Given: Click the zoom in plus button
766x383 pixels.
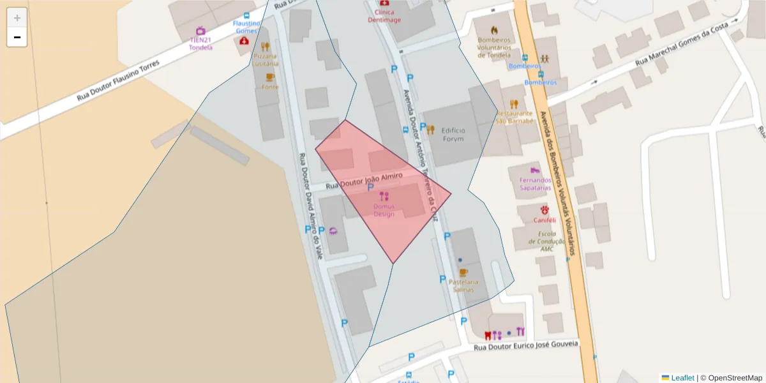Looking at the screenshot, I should pos(17,18).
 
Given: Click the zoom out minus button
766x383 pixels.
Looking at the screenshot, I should pos(17,37).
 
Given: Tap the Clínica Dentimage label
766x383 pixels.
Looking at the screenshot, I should pos(384,16).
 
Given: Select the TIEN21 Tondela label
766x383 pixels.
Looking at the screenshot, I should pos(200,43).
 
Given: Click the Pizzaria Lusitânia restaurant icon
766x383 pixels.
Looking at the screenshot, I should pos(265,46).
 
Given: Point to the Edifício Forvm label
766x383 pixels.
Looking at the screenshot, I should pos(453,135).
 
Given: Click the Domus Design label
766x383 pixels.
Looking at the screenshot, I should pos(384,210).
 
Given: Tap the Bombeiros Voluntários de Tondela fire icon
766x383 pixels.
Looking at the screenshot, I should pos(494,30).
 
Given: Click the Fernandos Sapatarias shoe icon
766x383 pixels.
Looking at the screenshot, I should pos(535,170).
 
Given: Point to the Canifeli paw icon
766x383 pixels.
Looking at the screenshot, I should pos(544,209).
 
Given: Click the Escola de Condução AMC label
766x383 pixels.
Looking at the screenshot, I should pos(547,241).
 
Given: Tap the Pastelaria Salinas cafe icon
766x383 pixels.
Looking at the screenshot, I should pos(464,273).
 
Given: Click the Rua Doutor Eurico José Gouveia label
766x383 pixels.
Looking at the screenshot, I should pos(526,345).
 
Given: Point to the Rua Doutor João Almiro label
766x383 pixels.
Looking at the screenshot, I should pos(364,181).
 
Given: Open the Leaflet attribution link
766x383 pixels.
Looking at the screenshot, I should pos(682,378).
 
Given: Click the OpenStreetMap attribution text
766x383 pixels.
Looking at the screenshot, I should pos(734,378).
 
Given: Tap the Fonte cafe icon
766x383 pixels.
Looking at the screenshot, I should pos(270,77).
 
